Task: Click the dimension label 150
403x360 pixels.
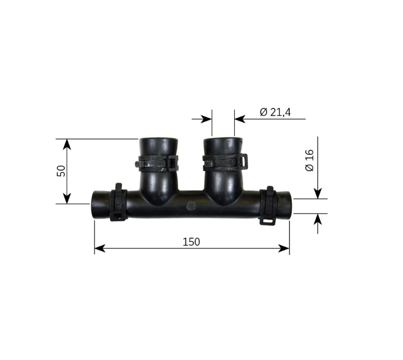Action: pos(191,241)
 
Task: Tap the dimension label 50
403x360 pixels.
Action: pos(61,171)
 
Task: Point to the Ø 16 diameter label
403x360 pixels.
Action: pos(309,160)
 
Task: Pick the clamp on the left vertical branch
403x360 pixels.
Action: pos(157,163)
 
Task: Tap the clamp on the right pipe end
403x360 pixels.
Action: pos(268,205)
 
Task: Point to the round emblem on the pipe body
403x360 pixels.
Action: pos(191,206)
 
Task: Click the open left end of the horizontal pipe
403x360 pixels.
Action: pos(94,205)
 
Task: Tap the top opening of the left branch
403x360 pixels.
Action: pos(159,140)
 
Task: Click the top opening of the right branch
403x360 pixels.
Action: pos(223,140)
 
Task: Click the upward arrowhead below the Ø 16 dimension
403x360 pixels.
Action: pos(318,219)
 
